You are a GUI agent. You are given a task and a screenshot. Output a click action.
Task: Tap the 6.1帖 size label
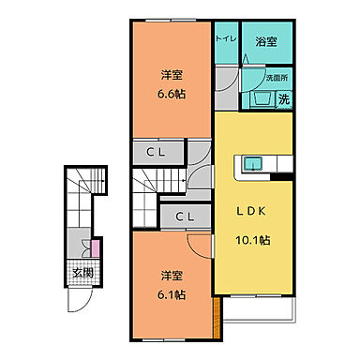click(171, 292)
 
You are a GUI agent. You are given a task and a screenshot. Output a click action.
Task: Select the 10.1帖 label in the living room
click(253, 240)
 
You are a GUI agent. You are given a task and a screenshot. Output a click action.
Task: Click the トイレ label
click(226, 41)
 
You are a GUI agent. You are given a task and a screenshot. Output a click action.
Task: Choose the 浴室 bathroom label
click(265, 42)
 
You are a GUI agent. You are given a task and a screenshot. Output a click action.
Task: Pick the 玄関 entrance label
click(82, 274)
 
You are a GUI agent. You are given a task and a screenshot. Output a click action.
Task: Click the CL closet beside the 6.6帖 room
click(157, 152)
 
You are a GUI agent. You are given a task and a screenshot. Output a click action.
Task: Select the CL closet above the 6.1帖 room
click(186, 217)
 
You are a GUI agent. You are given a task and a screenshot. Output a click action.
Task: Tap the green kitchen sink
click(253, 165)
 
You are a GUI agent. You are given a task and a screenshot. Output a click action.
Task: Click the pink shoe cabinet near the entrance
click(97, 248)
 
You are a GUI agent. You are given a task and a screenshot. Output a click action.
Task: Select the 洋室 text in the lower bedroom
click(171, 276)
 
